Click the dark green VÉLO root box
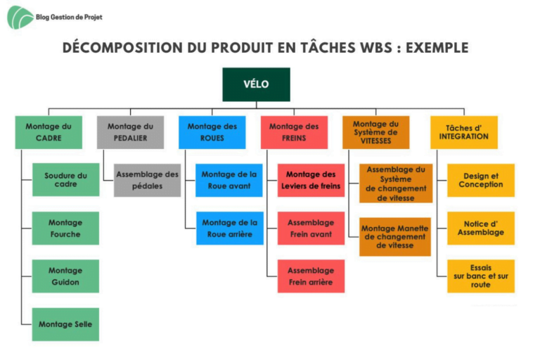256,84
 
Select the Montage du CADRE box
49,132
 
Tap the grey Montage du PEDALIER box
130,132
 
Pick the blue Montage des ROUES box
212,132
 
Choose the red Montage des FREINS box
294,132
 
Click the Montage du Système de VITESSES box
375,132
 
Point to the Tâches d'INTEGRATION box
464,132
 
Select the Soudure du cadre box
66,180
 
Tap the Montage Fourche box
65,229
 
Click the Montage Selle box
65,325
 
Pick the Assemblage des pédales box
148,180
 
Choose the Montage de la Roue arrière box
230,229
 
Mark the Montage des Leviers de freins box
311,180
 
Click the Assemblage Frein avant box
311,229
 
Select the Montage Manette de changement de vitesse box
395,237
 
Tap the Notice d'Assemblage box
481,229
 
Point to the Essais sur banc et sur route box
481,276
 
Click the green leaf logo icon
20,17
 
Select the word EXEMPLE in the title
437,48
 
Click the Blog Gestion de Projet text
69,17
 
